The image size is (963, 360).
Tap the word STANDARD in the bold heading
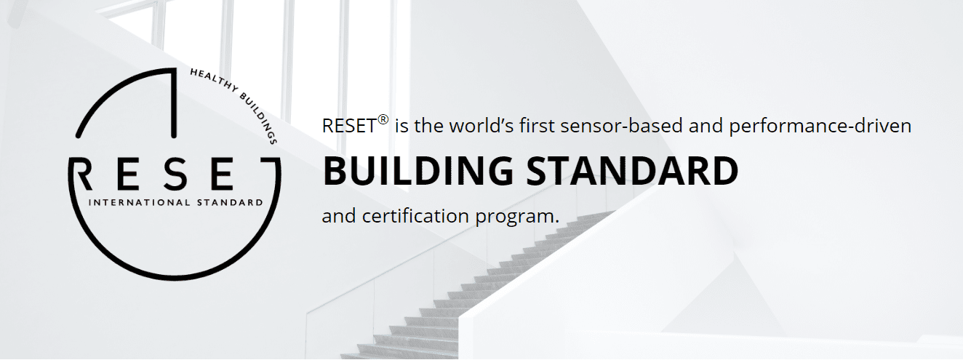click(x=632, y=171)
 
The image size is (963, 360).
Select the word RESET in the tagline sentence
click(x=349, y=126)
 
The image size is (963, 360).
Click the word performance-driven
click(x=820, y=127)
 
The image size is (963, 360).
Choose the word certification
click(x=416, y=216)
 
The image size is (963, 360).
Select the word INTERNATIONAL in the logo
click(x=139, y=202)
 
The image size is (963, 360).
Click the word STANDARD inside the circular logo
click(x=230, y=202)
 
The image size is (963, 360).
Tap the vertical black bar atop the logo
click(x=174, y=103)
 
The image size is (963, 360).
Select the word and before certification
click(x=339, y=216)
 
